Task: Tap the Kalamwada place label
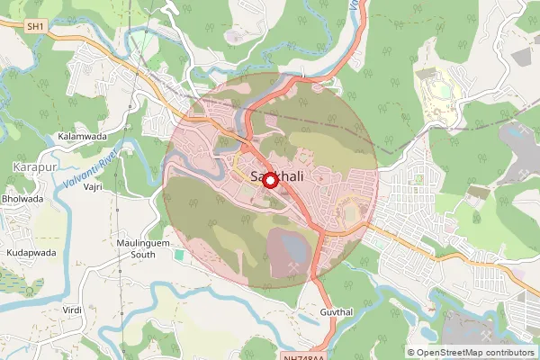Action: (x=82, y=135)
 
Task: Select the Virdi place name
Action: (x=72, y=310)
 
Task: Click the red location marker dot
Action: (x=269, y=179)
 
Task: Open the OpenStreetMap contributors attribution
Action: (x=477, y=353)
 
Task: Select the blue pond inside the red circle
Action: (x=292, y=244)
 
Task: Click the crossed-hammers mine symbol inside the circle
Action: (x=298, y=268)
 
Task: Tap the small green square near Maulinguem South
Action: (x=178, y=255)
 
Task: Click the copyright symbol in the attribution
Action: (x=411, y=353)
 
